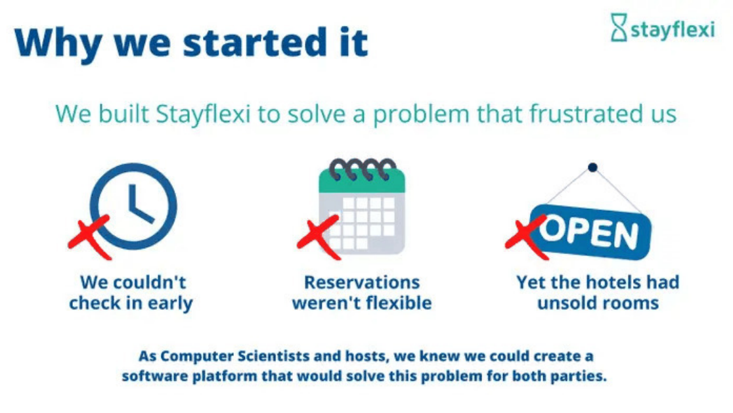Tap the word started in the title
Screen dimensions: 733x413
point(255,43)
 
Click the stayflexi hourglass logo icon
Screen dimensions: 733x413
point(619,27)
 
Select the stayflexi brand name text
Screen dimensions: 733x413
point(673,29)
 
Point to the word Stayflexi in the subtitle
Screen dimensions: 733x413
point(204,114)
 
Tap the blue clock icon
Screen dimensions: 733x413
point(133,206)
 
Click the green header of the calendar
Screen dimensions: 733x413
point(362,181)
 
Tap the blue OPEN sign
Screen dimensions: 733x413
point(590,232)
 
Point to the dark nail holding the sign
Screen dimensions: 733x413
point(592,167)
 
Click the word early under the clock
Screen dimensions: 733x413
point(170,303)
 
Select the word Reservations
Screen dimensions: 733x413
point(362,282)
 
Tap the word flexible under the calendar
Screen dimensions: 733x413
point(398,303)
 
